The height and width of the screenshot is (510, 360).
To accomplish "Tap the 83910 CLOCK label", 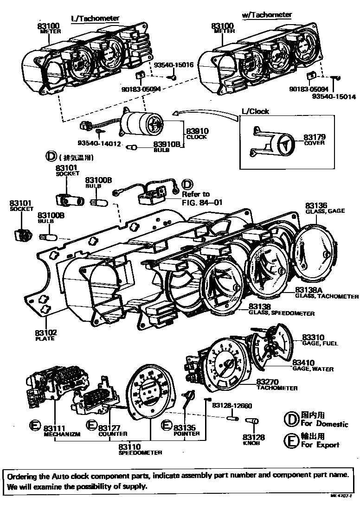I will tap(196, 134).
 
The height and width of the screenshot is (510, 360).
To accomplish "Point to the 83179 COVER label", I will tap(314, 140).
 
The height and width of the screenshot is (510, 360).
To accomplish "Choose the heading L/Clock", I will tap(255, 111).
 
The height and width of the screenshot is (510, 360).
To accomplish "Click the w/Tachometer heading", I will tap(267, 15).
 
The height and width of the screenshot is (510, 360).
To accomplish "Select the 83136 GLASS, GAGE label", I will tap(319, 208).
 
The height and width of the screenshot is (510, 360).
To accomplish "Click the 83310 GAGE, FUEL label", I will tap(320, 340).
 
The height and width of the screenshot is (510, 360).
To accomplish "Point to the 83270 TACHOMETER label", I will tap(276, 384).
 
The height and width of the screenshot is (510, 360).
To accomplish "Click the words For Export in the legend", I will tap(320, 445).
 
